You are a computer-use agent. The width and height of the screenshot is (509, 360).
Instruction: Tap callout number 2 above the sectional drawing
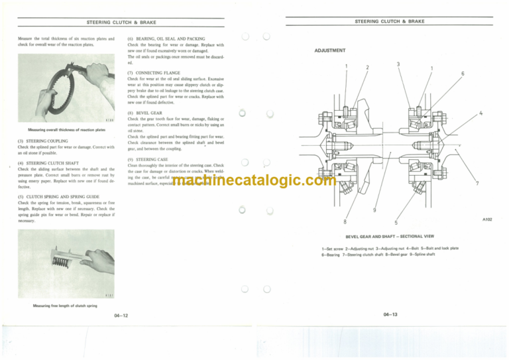point(367,68)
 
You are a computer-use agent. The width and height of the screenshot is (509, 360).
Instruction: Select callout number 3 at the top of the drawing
point(397,64)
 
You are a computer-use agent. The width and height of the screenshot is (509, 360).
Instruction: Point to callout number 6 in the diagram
point(463,73)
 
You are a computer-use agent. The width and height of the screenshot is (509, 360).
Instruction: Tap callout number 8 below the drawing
point(345,221)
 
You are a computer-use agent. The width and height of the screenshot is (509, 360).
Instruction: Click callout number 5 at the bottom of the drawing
point(396,222)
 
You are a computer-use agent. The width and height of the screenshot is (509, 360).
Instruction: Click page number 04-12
point(121,316)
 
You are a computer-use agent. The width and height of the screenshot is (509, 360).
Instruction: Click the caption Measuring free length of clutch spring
point(65,306)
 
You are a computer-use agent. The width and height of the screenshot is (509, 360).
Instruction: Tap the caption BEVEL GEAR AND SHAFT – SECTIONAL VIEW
point(389,235)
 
